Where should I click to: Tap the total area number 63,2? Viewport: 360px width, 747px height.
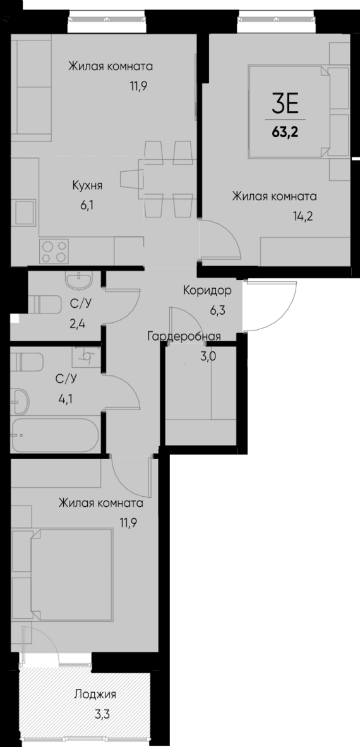285,133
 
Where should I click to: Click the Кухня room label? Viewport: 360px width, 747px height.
87,185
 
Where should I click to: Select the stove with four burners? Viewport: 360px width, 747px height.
53,251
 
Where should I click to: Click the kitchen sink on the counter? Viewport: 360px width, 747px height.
25,212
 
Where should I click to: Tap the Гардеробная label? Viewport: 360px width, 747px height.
184,336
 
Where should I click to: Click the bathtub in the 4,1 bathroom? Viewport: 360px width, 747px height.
54,435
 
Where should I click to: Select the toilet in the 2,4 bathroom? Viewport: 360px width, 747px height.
44,304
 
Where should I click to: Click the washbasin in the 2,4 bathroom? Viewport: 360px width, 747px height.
79,279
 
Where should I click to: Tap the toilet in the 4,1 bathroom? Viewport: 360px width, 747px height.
28,362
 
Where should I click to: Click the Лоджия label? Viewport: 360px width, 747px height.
95,695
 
